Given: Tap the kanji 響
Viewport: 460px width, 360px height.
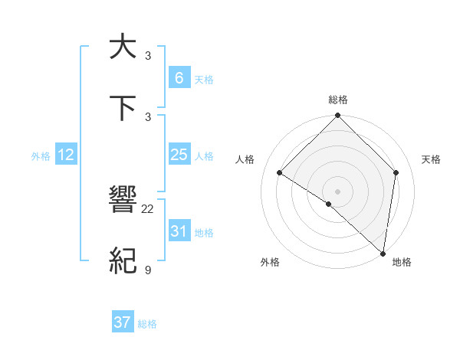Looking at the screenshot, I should [x=123, y=201].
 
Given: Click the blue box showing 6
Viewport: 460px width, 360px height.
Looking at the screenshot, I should [x=179, y=77].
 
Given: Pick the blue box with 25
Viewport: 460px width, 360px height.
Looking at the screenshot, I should [x=179, y=155].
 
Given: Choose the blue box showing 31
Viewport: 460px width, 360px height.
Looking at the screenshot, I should [x=179, y=231].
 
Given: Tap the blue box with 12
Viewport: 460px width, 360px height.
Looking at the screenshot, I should [x=66, y=155].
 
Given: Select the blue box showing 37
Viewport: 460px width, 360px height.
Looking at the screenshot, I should [x=123, y=322].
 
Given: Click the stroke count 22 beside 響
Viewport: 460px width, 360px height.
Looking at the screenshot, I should [x=148, y=208].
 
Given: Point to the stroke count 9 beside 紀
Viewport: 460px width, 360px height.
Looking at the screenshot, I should [x=148, y=270].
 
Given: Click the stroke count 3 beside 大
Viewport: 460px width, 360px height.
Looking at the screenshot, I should [x=148, y=55].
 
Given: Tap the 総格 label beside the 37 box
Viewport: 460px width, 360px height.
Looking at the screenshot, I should [x=147, y=324].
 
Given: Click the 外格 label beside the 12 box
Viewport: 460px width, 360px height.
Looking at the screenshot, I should [x=41, y=155].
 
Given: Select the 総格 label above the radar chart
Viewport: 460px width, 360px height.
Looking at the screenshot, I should [x=337, y=100].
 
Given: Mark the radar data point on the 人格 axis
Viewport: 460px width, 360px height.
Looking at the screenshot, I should [x=280, y=173].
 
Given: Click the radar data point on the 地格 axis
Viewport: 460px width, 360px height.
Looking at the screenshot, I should [x=383, y=253].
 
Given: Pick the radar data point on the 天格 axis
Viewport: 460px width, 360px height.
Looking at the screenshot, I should [x=396, y=173].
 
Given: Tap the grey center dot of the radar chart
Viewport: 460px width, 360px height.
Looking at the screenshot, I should [x=337, y=191].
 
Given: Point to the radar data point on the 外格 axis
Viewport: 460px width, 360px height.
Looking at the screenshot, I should [x=328, y=204].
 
